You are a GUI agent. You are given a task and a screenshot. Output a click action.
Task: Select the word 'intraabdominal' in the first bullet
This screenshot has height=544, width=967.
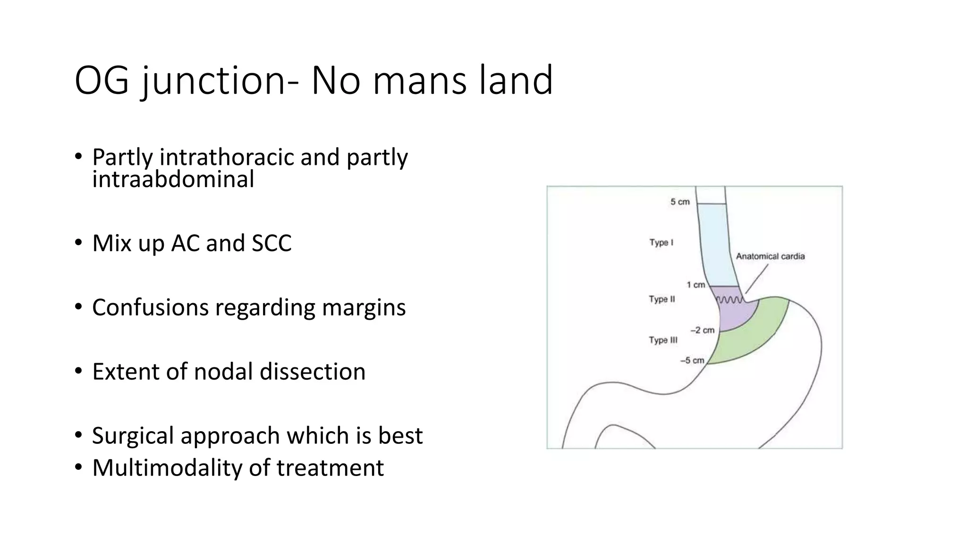(173, 179)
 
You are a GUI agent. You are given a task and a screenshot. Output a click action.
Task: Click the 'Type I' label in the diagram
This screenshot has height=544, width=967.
(661, 243)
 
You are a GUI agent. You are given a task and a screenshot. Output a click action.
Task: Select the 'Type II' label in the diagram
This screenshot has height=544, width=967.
(662, 299)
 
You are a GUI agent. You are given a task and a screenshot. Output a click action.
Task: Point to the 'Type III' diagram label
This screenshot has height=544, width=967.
(663, 340)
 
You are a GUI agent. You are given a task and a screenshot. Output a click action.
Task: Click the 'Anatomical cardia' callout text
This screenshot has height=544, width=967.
(770, 256)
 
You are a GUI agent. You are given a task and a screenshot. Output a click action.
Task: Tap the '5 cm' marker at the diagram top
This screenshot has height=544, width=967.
(680, 202)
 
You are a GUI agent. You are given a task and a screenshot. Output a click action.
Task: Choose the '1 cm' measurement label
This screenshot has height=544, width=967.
(696, 285)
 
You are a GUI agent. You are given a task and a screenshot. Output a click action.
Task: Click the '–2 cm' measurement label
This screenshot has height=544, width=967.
(702, 330)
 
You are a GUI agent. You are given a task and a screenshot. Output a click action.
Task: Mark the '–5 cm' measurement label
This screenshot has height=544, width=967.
(692, 360)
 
